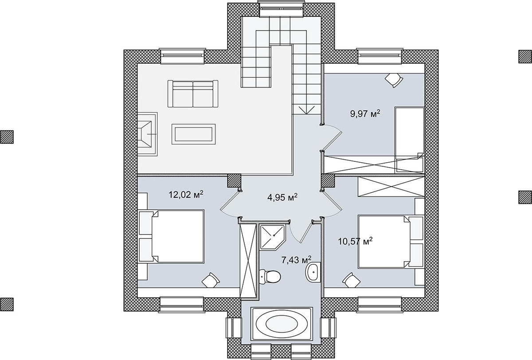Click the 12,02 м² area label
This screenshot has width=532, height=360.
tap(186, 195)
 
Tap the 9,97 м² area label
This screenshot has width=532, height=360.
tap(365, 113)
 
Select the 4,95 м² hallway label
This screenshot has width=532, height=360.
tap(282, 197)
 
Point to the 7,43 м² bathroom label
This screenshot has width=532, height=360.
tap(297, 260)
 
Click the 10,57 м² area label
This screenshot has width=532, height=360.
tap(355, 242)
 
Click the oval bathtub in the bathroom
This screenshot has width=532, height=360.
tap(282, 324)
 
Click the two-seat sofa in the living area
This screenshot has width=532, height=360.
tap(193, 94)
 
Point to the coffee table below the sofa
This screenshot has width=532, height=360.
tap(194, 134)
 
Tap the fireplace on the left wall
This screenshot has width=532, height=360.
tap(147, 134)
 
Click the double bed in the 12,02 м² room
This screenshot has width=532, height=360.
tap(171, 236)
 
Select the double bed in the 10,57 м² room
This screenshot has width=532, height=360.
tap(391, 242)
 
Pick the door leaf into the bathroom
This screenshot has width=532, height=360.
tap(306, 232)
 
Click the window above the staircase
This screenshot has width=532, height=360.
tap(281, 9)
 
